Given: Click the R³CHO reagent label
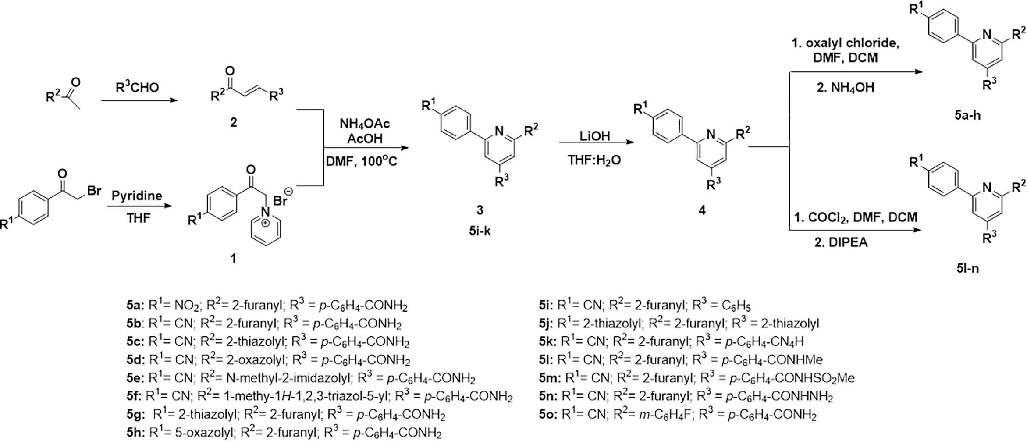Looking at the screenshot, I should [x=137, y=88].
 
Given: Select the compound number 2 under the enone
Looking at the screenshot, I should [x=233, y=122].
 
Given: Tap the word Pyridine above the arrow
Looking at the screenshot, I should [x=137, y=196].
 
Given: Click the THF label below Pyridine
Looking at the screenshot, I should [x=138, y=218].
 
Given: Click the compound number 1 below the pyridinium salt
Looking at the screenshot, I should [x=233, y=259].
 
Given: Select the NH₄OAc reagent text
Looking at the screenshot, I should [x=365, y=124].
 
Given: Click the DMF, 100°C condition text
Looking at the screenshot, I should [x=361, y=162].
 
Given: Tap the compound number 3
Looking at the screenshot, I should [x=480, y=210].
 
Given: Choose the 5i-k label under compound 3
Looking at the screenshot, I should [x=480, y=231].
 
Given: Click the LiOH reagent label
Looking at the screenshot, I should [x=594, y=136].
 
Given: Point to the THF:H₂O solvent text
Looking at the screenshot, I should [x=594, y=160].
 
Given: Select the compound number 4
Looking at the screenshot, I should [x=702, y=210].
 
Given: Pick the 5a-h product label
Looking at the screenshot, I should [x=967, y=115].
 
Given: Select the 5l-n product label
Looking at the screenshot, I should [x=967, y=268].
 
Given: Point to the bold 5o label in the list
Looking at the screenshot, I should [x=548, y=414].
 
